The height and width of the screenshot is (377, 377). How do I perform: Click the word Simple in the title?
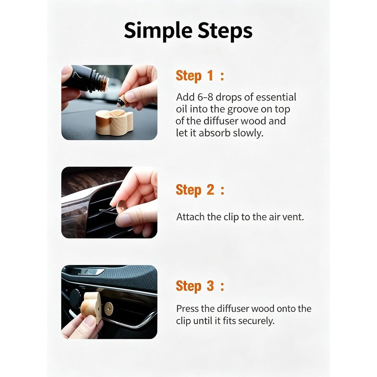coord(158,31)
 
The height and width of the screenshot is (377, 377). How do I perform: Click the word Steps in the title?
coord(225,30)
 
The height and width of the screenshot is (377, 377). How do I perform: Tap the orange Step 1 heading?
coord(200,76)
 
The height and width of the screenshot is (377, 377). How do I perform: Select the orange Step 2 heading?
coord(200,190)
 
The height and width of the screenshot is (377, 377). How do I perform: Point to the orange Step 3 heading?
coord(200,286)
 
